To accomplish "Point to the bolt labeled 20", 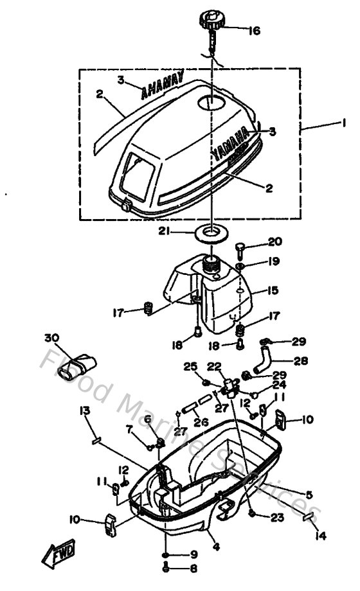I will tap(240, 247).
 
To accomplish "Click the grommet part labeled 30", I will tap(76, 369).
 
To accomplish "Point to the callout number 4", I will tap(216, 547).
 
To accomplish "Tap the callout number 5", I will tap(309, 495).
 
